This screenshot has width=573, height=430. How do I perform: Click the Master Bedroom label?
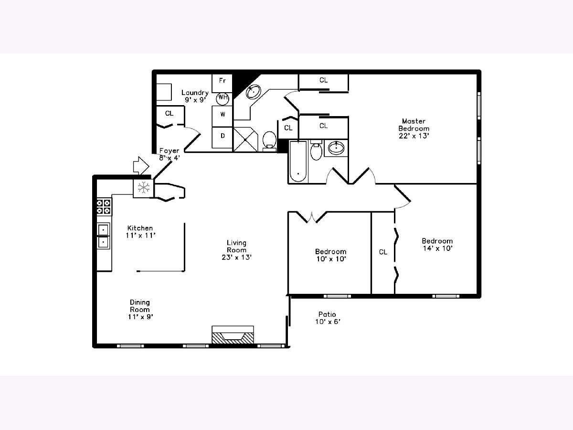(x=414, y=129)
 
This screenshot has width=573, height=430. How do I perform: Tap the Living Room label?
(x=236, y=250)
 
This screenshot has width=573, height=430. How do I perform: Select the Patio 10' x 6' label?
(x=328, y=318)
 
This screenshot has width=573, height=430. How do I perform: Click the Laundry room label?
(x=195, y=96)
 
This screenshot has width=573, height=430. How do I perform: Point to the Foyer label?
(x=170, y=154)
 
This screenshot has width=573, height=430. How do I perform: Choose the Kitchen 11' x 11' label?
(x=140, y=232)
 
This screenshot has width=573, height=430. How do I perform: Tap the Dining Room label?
(x=140, y=310)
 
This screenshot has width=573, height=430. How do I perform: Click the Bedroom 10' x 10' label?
(x=331, y=255)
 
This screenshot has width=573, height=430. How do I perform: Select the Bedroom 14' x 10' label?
(x=437, y=245)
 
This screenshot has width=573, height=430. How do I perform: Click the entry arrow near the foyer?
(x=141, y=166)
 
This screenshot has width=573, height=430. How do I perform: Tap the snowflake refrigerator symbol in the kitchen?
(x=143, y=188)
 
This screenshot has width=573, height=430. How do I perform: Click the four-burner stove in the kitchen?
(x=104, y=207)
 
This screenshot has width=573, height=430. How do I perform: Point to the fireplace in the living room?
(x=233, y=335)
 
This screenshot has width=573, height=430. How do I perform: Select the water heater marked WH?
(x=223, y=99)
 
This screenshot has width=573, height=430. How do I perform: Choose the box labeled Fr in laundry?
(x=222, y=83)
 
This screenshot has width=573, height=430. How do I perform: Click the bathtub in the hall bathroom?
(x=298, y=162)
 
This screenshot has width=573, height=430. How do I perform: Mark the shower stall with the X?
(x=245, y=140)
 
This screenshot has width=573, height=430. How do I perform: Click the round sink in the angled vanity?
(x=253, y=92)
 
